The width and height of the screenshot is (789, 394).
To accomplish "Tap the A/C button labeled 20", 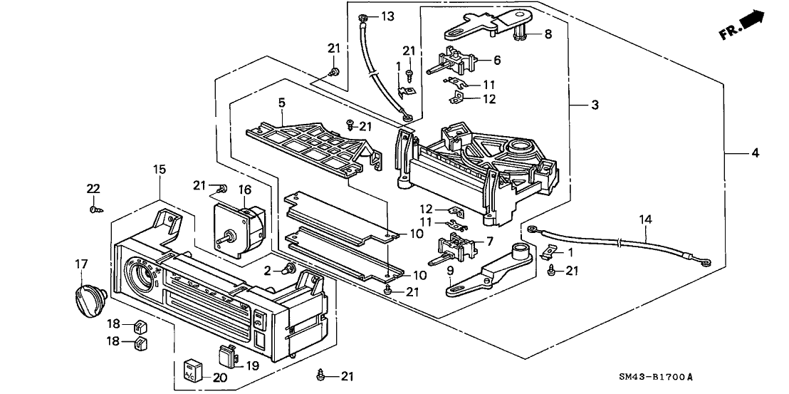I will tap(192, 369).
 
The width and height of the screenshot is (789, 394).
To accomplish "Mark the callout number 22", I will tap(93, 188).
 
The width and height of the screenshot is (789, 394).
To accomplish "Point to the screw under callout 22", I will tap(93, 209).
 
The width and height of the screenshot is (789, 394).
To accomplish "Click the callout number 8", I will tap(548, 33).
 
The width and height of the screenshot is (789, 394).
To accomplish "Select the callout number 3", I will tap(594, 105).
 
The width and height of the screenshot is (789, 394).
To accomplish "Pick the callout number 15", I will tap(159, 169).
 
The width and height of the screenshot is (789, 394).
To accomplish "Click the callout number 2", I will tap(268, 270).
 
